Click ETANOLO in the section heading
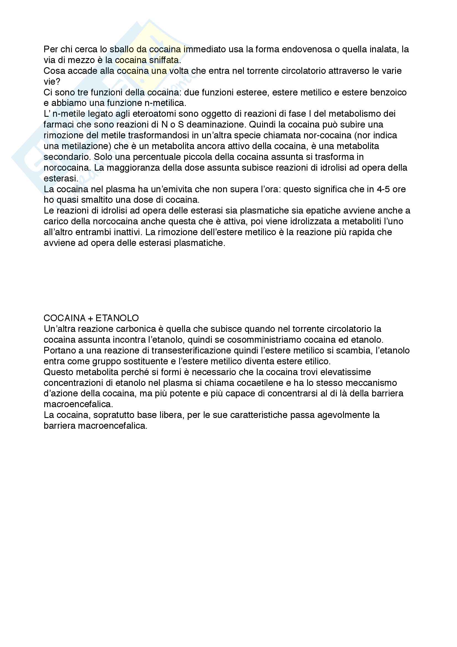(117, 318)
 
